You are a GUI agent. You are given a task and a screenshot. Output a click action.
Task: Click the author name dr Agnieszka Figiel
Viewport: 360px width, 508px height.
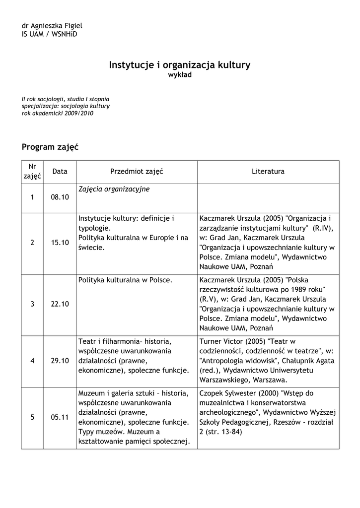point(52,26)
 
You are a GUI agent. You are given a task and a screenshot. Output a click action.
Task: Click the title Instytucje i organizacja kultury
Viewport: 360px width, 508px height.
point(180,65)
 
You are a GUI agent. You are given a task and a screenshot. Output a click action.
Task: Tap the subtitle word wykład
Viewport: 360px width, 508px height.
point(180,75)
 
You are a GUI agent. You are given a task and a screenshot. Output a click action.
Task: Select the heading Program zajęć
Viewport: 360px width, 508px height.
point(50,147)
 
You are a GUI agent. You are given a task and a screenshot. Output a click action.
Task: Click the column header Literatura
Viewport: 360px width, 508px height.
point(268,172)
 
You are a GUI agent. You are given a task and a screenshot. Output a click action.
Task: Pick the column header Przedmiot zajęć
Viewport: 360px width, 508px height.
point(137,172)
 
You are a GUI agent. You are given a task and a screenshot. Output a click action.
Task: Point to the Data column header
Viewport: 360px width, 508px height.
point(60,172)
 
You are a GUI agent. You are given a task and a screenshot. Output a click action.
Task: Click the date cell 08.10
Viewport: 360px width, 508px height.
point(60,197)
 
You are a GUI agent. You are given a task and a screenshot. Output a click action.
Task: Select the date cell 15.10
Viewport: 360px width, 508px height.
point(60,243)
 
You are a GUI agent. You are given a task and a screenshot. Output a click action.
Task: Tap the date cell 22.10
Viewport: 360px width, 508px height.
point(60,304)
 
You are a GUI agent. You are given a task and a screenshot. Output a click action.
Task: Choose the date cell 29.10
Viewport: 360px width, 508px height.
point(60,361)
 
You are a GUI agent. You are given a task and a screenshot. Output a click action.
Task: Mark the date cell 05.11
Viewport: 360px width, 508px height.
point(60,417)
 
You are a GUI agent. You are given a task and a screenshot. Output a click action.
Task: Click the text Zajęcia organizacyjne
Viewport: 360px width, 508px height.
point(114,189)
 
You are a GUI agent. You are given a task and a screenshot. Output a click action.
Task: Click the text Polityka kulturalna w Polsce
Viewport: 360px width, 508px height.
point(125,280)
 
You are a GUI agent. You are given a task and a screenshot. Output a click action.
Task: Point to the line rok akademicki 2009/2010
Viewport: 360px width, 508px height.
point(58,113)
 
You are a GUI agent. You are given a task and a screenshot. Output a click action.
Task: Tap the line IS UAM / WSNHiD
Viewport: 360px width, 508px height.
point(50,34)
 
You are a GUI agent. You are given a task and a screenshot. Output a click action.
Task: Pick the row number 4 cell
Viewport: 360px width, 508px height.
point(32,361)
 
